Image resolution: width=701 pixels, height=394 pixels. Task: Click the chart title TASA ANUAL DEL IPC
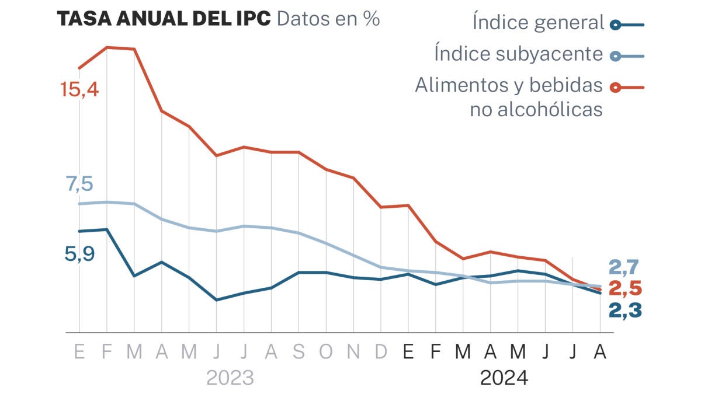164,19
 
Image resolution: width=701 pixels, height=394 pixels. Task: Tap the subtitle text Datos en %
328,19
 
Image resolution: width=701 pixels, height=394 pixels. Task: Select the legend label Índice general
538,23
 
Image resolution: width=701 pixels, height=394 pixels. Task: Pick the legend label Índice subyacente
518,54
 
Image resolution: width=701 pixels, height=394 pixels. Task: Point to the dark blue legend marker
615,25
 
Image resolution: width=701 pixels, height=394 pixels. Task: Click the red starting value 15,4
80,90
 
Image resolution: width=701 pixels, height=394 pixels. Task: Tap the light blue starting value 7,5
79,184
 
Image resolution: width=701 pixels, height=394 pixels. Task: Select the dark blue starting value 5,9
80,254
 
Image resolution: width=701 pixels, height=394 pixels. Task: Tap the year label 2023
230,378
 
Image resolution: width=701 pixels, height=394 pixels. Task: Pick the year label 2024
504,378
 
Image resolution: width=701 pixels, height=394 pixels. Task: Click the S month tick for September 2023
299,353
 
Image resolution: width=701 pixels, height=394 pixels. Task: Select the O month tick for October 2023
326,353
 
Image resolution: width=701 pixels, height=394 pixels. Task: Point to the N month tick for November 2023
353,353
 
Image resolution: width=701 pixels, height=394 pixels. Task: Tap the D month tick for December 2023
381,353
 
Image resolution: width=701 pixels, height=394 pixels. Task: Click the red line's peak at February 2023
107,47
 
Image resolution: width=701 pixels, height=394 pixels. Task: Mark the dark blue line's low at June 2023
217,300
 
